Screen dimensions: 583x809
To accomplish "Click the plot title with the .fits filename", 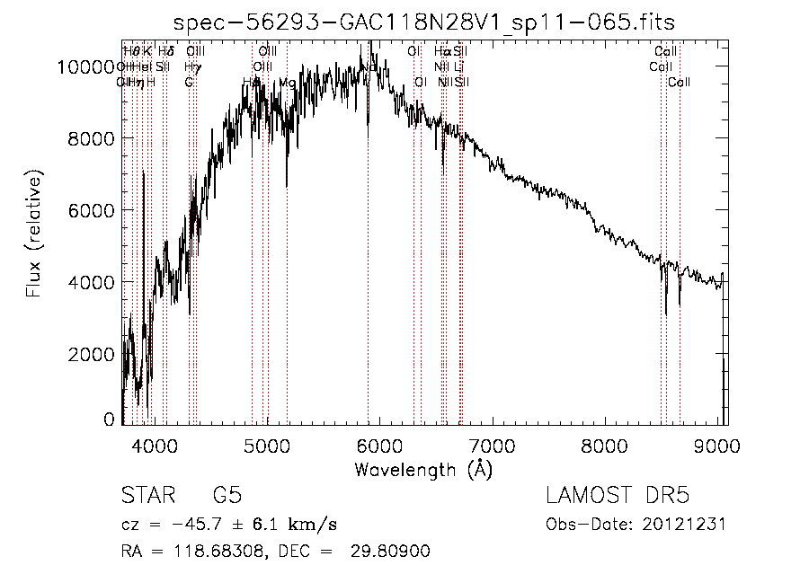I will point(424,22).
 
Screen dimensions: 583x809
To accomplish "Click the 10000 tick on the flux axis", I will point(86,66).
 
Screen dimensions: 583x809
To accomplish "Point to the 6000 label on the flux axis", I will point(92,210).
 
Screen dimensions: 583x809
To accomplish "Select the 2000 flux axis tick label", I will point(92,354).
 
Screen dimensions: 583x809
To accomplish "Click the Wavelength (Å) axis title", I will point(423,469).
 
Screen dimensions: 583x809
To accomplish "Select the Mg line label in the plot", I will point(287,83).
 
